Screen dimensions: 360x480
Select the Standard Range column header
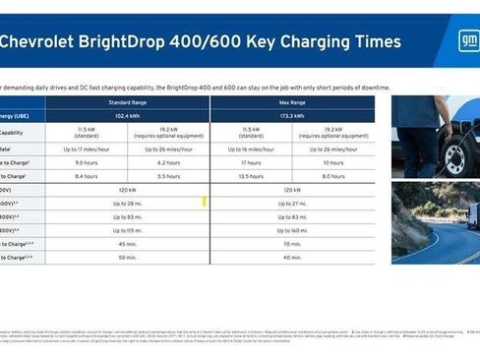point(127,101)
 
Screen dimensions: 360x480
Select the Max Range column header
point(292,101)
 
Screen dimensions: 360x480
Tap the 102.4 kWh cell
point(127,115)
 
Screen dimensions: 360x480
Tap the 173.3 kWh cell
point(292,115)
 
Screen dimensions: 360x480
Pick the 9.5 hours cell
point(86,161)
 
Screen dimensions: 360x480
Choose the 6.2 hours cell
point(168,161)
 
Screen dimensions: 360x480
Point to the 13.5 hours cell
point(251,175)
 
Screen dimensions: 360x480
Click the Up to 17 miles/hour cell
point(86,148)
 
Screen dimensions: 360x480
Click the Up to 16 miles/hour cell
point(251,148)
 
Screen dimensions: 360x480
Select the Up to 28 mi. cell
point(127,203)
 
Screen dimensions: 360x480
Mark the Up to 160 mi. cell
point(292,229)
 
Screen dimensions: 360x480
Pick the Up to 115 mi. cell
point(127,229)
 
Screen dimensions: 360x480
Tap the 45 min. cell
point(127,243)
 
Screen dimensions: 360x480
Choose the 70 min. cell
point(292,243)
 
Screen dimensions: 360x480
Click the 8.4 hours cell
point(86,175)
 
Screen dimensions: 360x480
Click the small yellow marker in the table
point(204,202)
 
